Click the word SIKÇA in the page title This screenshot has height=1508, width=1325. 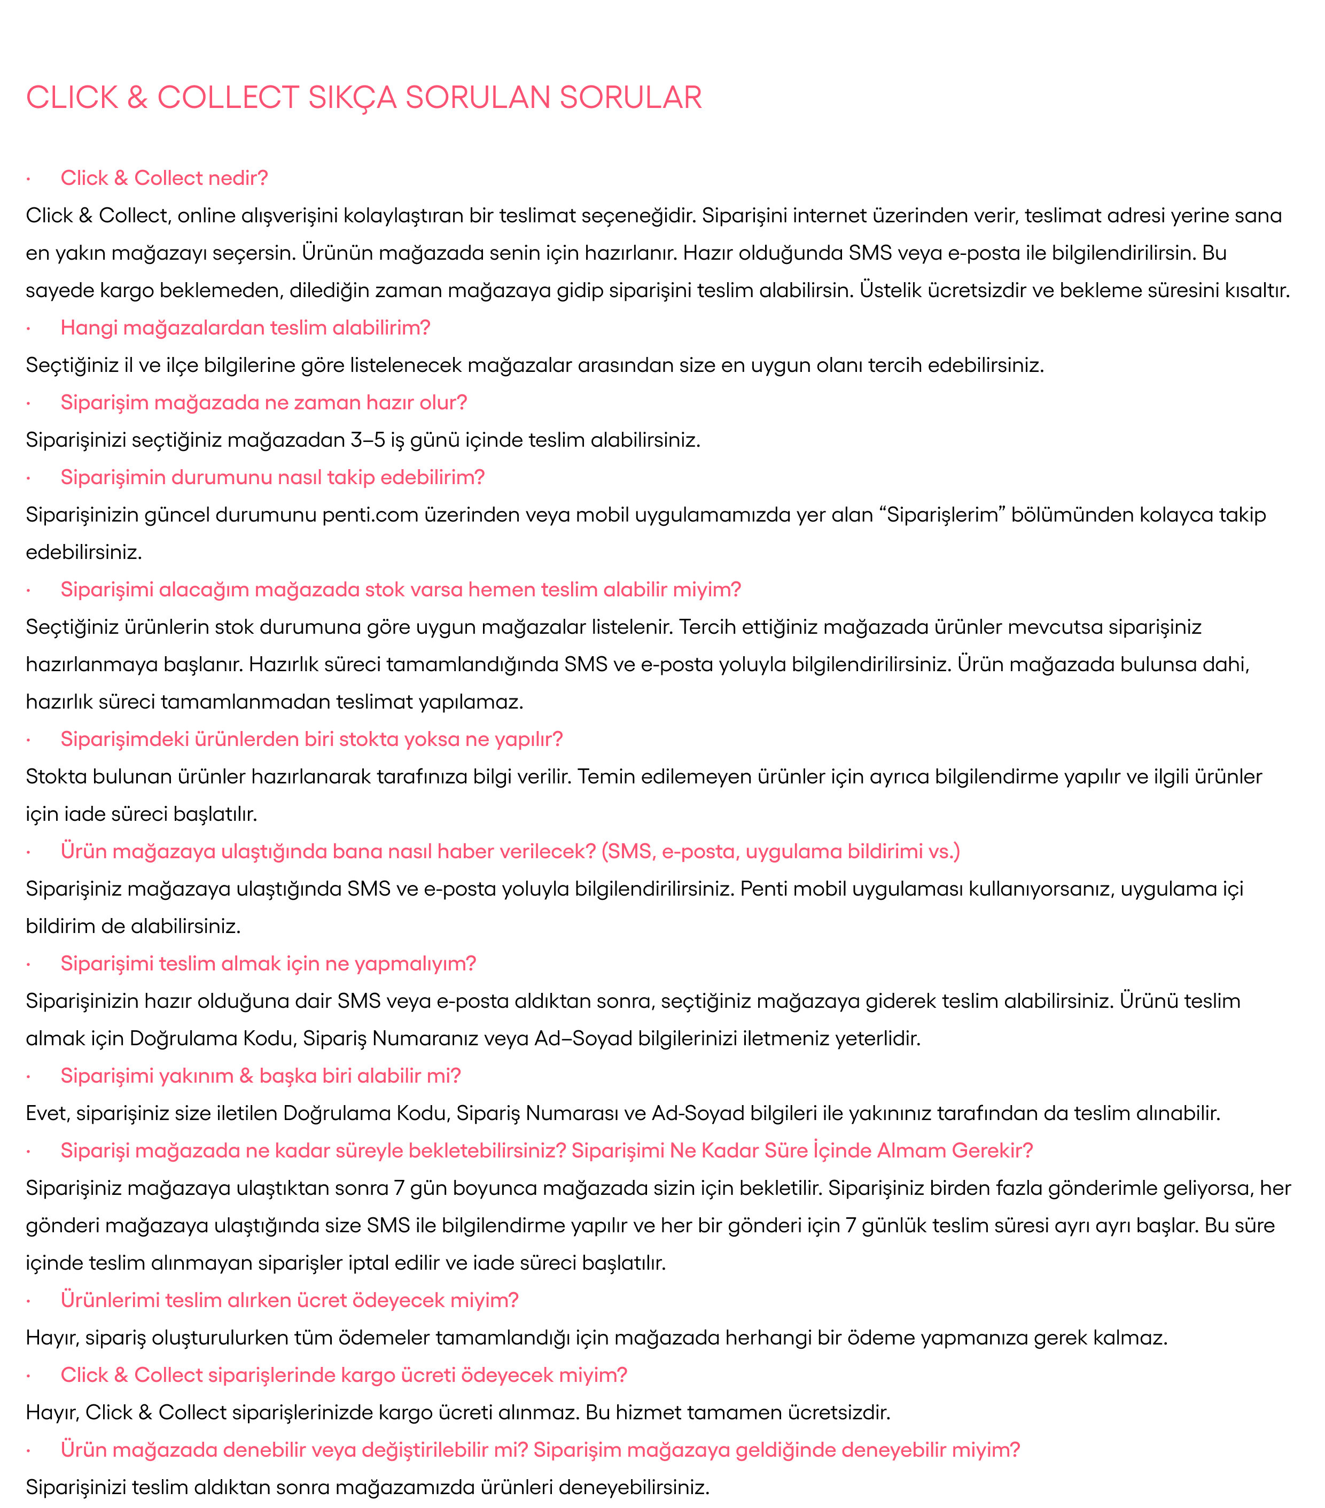point(351,97)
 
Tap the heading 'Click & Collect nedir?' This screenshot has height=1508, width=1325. point(164,178)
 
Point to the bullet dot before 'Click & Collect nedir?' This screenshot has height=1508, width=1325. point(28,178)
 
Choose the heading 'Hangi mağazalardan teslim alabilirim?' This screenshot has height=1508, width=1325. point(245,328)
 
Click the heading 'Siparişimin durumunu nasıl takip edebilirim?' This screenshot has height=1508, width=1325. point(272,477)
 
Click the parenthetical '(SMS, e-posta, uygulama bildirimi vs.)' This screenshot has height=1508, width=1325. point(781,851)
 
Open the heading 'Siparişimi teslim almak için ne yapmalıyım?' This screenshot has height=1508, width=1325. point(268,963)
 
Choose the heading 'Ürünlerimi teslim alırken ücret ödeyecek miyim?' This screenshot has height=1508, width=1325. point(289,1300)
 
